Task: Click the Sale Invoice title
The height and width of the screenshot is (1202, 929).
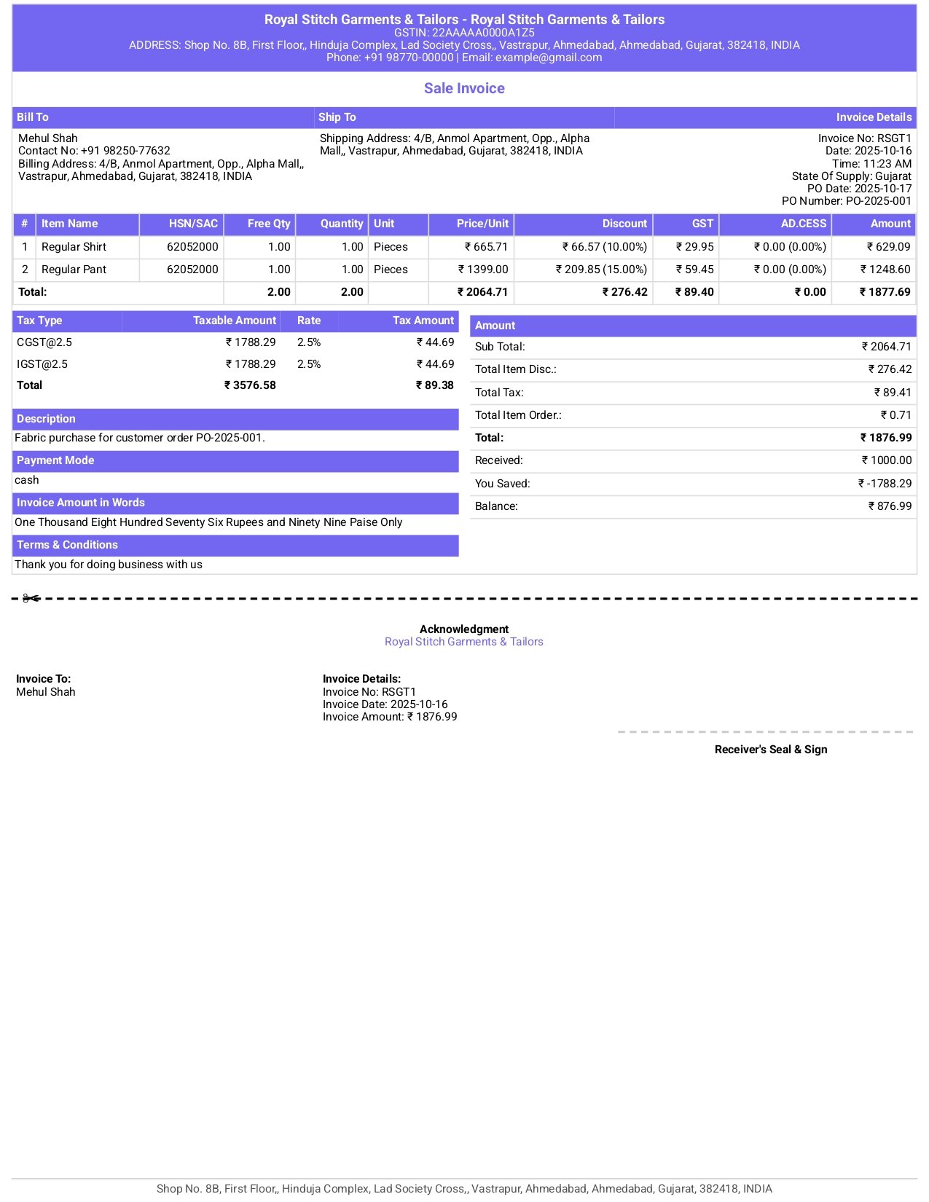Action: pos(464,88)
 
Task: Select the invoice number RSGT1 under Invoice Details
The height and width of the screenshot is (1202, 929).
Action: pos(894,138)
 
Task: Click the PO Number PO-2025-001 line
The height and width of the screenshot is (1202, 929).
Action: pos(846,201)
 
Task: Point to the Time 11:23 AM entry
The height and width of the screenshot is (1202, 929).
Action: pos(871,164)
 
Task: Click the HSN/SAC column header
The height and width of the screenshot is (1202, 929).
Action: pos(193,224)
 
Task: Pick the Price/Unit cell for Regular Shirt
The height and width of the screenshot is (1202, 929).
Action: pos(487,247)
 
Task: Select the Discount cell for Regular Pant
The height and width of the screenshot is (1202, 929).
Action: pos(602,270)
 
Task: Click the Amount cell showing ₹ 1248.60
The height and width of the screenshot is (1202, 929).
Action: pos(885,270)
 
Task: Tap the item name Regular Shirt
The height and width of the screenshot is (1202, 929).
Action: pos(74,247)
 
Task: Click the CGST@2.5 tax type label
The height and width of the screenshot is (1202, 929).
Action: pos(44,342)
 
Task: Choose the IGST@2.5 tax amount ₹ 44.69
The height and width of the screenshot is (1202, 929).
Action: pos(436,364)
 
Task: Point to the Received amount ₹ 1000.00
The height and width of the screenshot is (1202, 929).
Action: pos(887,460)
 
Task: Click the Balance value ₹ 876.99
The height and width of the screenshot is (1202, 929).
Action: pos(890,506)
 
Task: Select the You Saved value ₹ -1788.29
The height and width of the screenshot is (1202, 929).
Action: pos(885,484)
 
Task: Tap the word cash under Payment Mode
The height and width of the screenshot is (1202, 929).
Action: pos(27,480)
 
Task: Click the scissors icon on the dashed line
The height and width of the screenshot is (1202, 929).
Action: pos(31,599)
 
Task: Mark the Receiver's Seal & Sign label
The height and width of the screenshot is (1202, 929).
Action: pos(771,750)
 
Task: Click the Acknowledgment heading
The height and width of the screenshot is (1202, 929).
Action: pos(464,629)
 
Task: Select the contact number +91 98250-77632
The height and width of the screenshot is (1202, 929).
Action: pos(125,151)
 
